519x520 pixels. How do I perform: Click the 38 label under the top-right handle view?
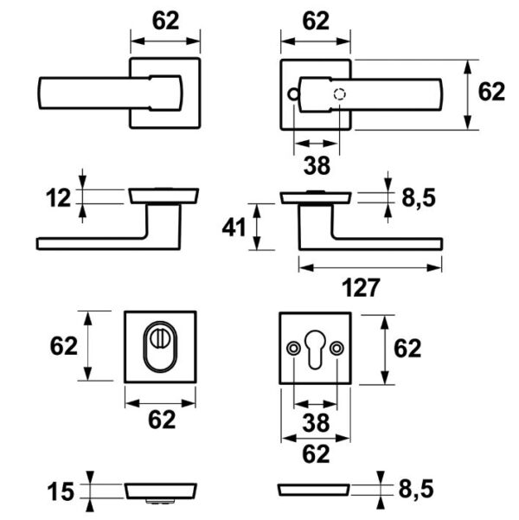316,162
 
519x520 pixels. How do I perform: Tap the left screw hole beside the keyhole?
293,348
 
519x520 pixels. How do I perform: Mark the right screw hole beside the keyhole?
336,348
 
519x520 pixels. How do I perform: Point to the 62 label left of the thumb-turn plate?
64,347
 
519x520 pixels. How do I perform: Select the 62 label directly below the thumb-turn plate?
161,420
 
